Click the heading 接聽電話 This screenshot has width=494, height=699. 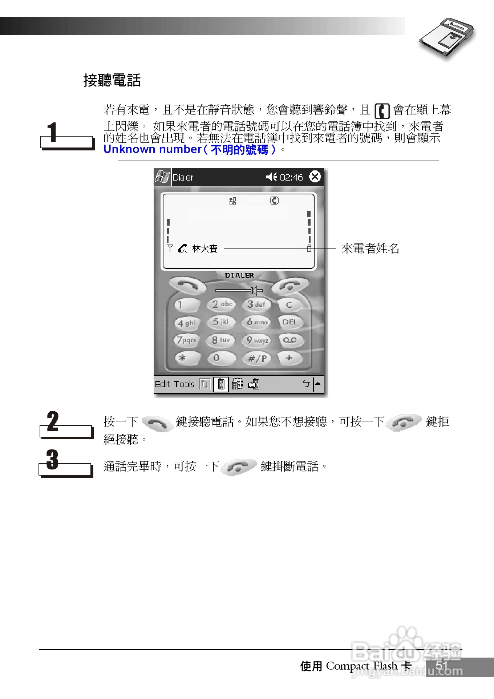pyautogui.click(x=112, y=80)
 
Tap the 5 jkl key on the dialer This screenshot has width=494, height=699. pyautogui.click(x=221, y=322)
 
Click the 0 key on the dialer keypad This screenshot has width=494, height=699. pyautogui.click(x=217, y=358)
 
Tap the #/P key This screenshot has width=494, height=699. pyautogui.click(x=257, y=359)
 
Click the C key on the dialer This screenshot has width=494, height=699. pyautogui.click(x=289, y=305)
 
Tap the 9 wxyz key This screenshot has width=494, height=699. pyautogui.click(x=257, y=340)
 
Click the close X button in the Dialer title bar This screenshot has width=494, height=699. pyautogui.click(x=315, y=177)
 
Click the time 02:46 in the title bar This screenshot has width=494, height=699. pyautogui.click(x=291, y=177)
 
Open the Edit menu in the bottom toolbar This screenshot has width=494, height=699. pyautogui.click(x=162, y=384)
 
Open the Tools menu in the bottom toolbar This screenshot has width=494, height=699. pyautogui.click(x=184, y=384)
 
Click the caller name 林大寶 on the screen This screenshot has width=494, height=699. pyautogui.click(x=205, y=249)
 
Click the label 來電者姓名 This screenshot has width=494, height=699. pyautogui.click(x=370, y=249)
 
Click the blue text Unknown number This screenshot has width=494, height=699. pyautogui.click(x=152, y=149)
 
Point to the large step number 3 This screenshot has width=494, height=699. pyautogui.click(x=52, y=460)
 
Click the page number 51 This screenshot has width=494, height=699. pyautogui.click(x=442, y=666)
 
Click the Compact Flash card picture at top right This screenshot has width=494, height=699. pyautogui.click(x=447, y=38)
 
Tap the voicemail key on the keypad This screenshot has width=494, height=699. pyautogui.click(x=290, y=340)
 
